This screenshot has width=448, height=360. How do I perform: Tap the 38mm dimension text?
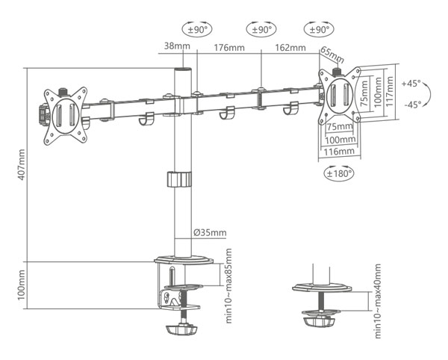coord(175,46)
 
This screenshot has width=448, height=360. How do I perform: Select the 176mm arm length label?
coord(224,48)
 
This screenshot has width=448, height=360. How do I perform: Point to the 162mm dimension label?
coord(291,48)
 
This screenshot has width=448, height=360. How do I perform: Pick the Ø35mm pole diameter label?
coord(210,233)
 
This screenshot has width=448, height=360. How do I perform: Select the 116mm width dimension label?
coord(340,152)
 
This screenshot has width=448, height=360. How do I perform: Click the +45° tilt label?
coord(411,83)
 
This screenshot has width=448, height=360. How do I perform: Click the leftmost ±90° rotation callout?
coord(196,30)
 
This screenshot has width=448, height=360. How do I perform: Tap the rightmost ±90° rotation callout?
coord(318,30)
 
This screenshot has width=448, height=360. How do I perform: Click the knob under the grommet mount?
coord(321,321)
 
